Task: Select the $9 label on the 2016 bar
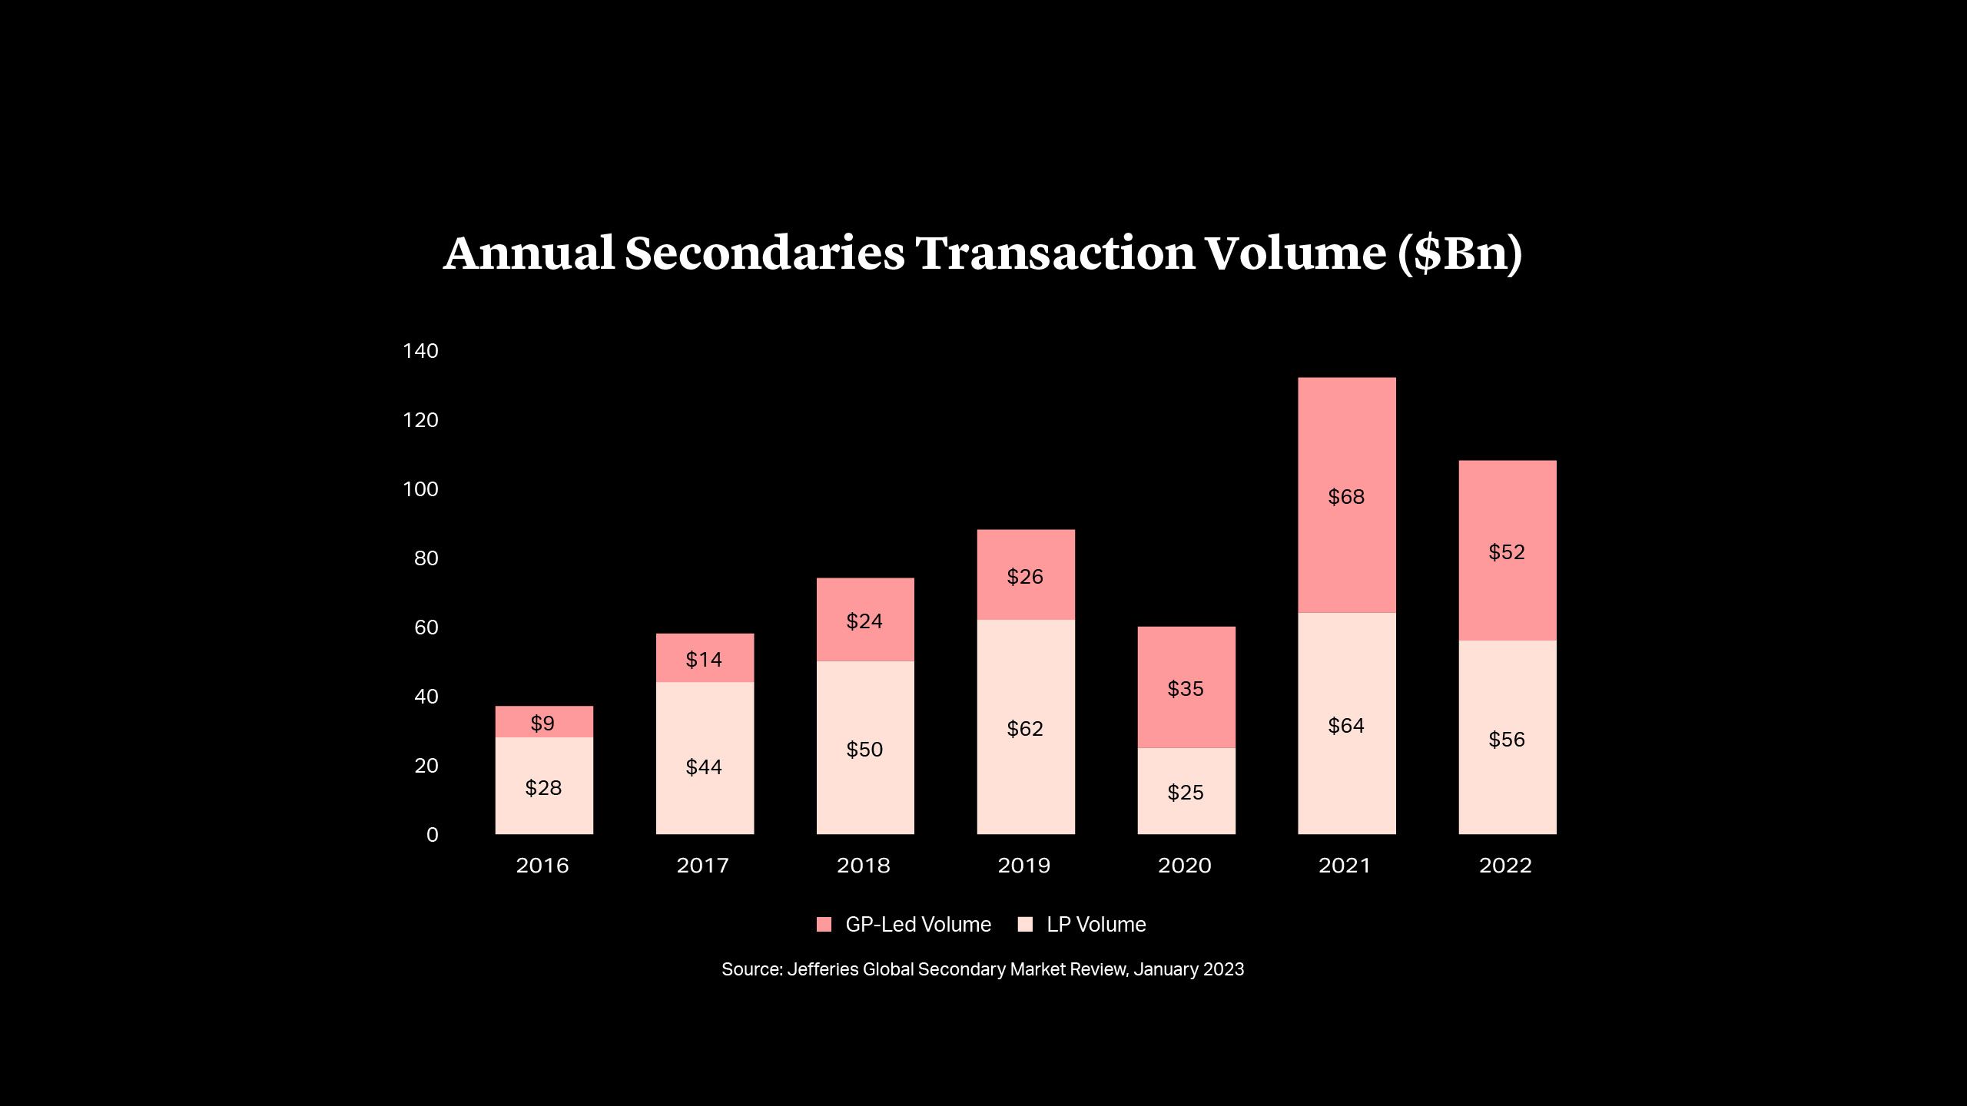(542, 723)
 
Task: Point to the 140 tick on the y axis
(420, 351)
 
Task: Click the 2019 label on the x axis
(1023, 866)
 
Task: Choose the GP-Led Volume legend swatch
(824, 924)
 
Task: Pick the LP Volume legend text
(1096, 924)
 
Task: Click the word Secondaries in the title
(765, 253)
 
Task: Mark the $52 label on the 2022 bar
(1506, 552)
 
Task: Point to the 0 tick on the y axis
(432, 835)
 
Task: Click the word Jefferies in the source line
(822, 969)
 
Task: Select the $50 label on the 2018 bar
(864, 750)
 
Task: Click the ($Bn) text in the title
(1458, 253)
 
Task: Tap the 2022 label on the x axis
(1505, 866)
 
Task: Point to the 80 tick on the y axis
(426, 558)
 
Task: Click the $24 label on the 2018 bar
(864, 621)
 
